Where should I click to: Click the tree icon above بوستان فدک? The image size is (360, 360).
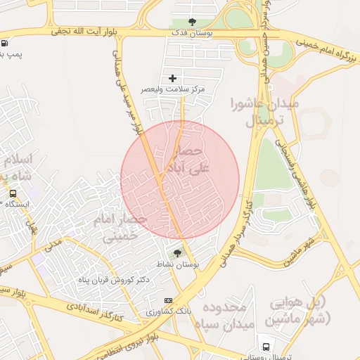pyautogui.click(x=193, y=22)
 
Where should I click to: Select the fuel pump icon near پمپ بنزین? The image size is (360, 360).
pyautogui.click(x=5, y=42)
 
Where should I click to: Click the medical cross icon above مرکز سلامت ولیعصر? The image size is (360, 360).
pyautogui.click(x=173, y=78)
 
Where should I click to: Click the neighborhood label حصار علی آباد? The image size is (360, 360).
pyautogui.click(x=181, y=160)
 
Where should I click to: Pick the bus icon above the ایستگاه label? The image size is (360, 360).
pyautogui.click(x=13, y=193)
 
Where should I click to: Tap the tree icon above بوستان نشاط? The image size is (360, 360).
pyautogui.click(x=177, y=253)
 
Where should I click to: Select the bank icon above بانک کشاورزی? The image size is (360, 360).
pyautogui.click(x=167, y=301)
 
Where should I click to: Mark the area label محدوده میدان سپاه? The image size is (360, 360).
pyautogui.click(x=227, y=316)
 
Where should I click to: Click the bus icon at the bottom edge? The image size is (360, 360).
pyautogui.click(x=266, y=347)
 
